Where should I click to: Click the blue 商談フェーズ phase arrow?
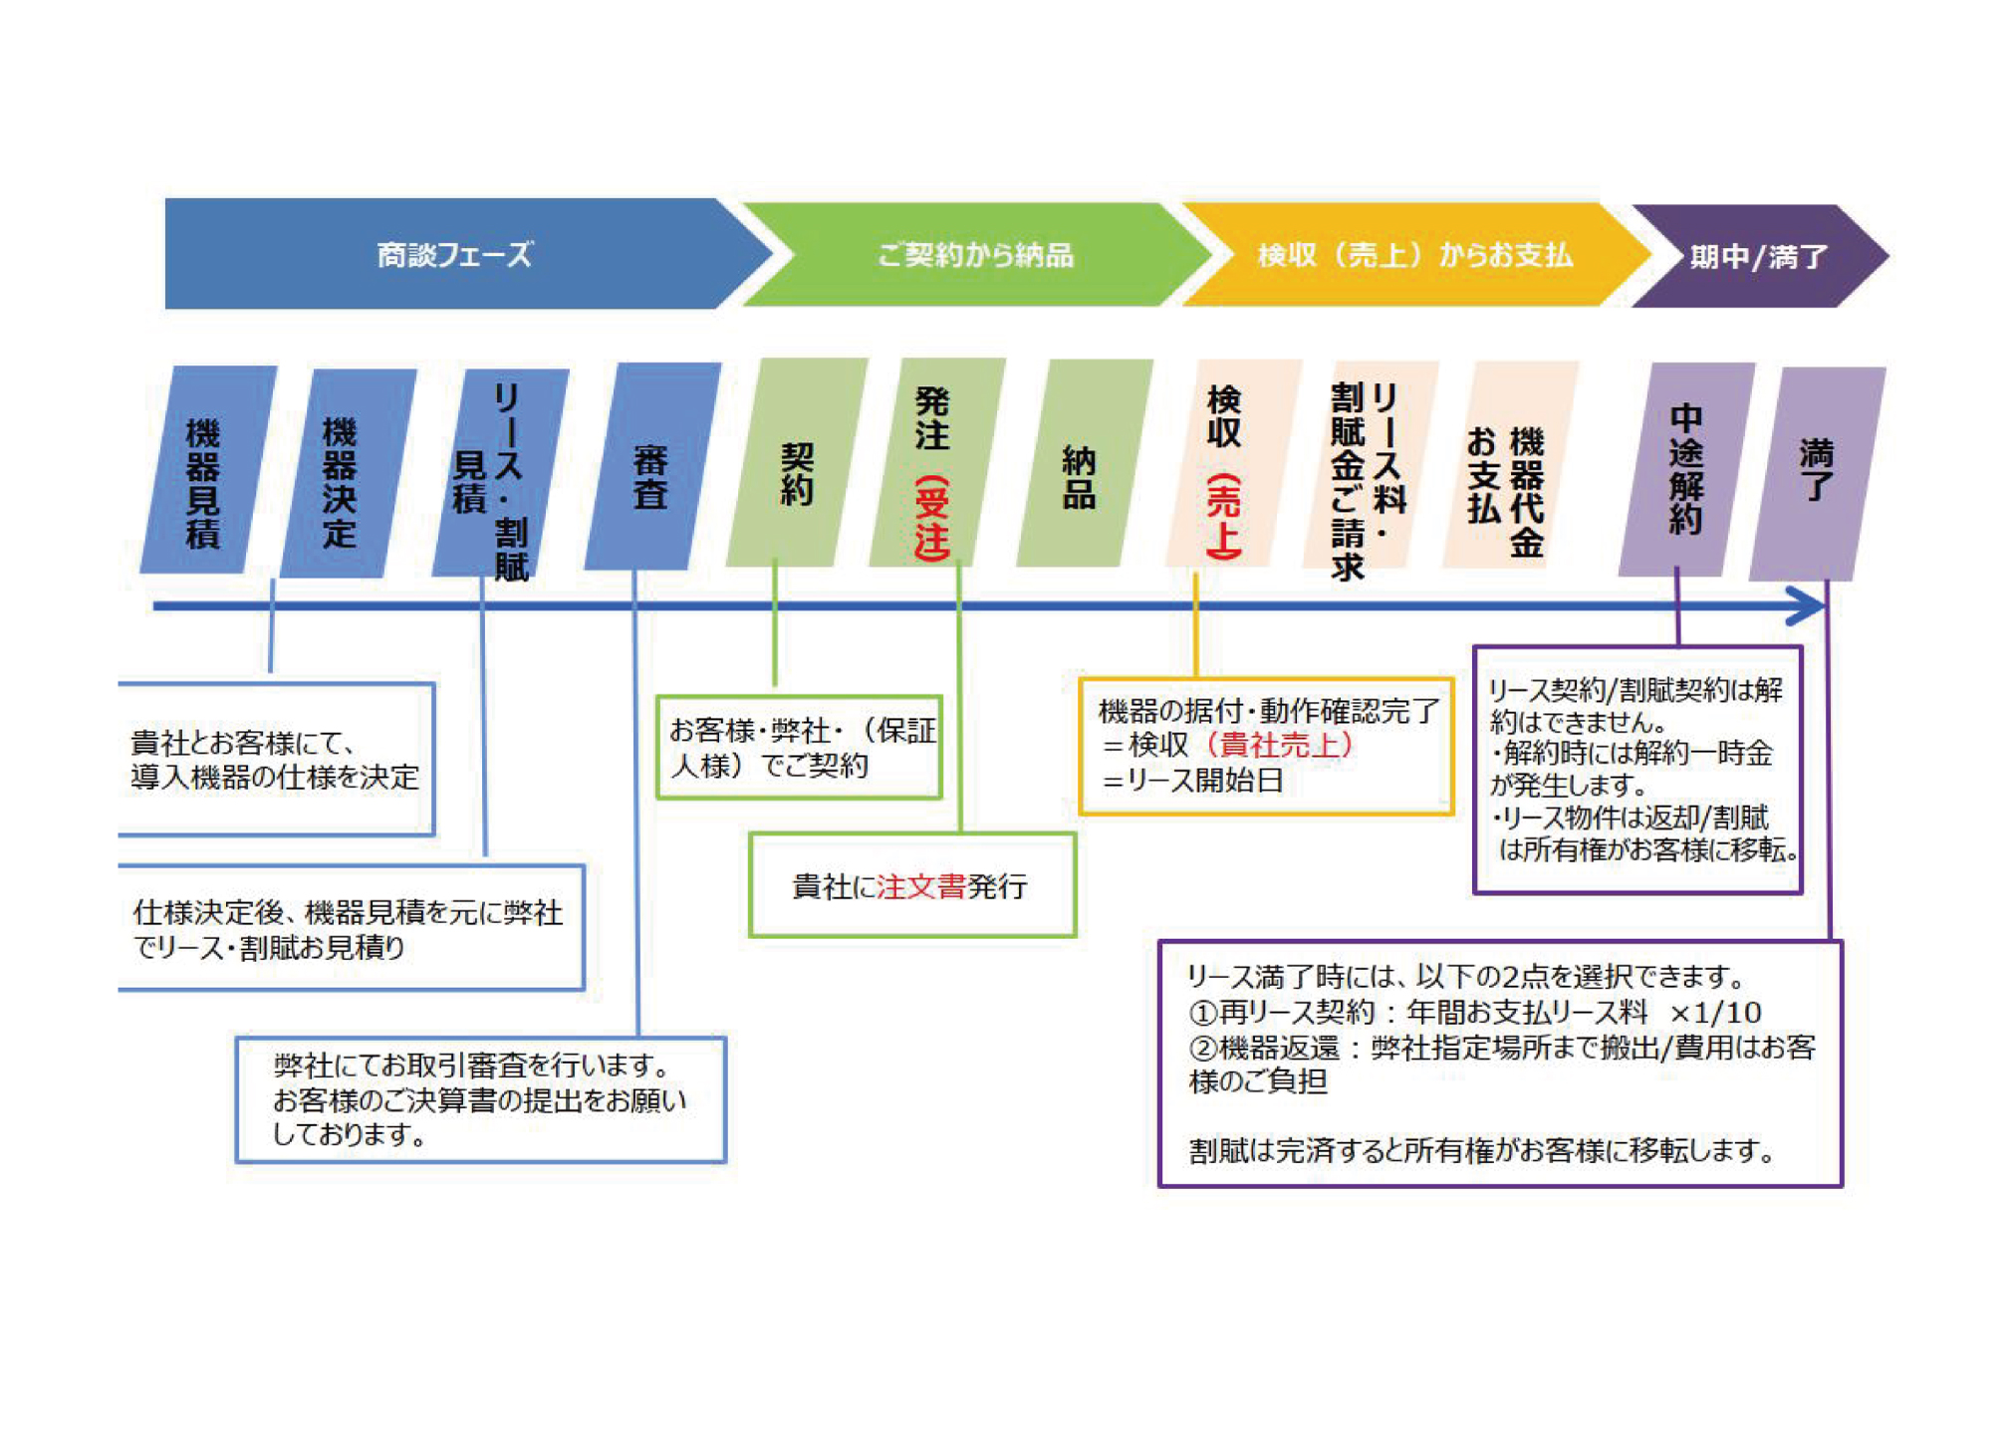(x=454, y=255)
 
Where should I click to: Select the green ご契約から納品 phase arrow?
(x=974, y=255)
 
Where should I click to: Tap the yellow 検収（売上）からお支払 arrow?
(x=1414, y=255)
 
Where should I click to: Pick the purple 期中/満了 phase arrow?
(x=1758, y=257)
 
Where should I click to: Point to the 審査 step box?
(x=651, y=466)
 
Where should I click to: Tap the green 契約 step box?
(x=797, y=463)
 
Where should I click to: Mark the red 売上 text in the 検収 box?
(x=1224, y=516)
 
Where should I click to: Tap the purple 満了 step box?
(x=1816, y=473)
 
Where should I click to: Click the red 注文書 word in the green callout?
(x=920, y=886)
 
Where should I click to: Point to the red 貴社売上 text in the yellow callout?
(x=1280, y=745)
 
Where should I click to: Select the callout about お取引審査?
(x=480, y=1099)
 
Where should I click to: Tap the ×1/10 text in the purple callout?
(x=1715, y=1013)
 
